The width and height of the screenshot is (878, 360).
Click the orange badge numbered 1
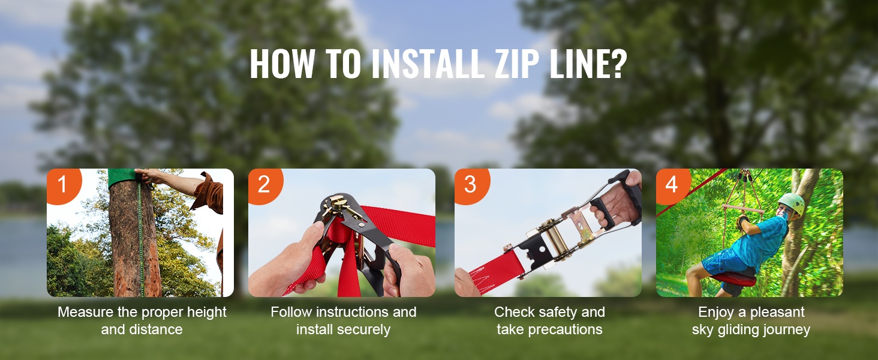click(x=63, y=185)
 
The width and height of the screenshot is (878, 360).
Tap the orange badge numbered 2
click(x=264, y=185)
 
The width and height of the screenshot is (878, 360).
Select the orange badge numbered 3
click(x=471, y=185)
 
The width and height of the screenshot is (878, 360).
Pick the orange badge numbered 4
click(x=672, y=185)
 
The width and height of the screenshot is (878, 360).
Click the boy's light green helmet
click(x=791, y=203)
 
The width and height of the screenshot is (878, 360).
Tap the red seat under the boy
click(x=733, y=279)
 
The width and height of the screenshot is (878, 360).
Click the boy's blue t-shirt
click(x=759, y=242)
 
